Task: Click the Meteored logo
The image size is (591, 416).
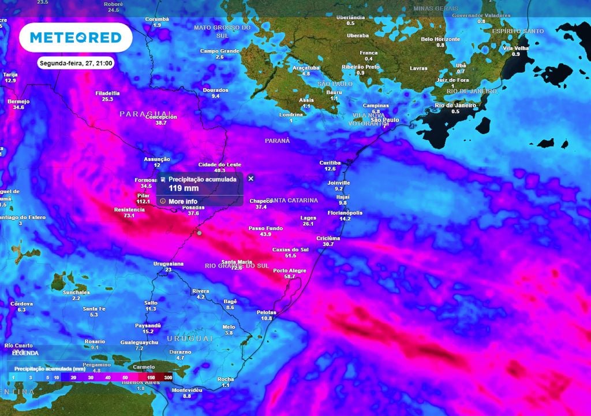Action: [76, 38]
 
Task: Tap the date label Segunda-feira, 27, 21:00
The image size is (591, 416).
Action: [76, 64]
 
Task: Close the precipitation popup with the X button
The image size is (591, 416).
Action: [250, 179]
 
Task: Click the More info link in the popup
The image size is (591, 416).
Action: [182, 201]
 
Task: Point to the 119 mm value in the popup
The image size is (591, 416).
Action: [184, 188]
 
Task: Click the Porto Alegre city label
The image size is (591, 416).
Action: [289, 270]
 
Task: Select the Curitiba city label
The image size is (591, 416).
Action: [330, 163]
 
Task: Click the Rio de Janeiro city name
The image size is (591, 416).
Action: [455, 105]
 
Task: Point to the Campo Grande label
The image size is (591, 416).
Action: [219, 51]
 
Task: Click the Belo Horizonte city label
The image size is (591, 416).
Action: [440, 39]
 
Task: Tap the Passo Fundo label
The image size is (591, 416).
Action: [265, 228]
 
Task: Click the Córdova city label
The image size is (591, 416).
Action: [21, 303]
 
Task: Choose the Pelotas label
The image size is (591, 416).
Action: [266, 312]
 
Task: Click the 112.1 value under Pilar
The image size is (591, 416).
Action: [143, 202]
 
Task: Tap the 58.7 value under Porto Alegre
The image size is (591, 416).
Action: [289, 277]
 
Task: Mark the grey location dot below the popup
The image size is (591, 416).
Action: [199, 233]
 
